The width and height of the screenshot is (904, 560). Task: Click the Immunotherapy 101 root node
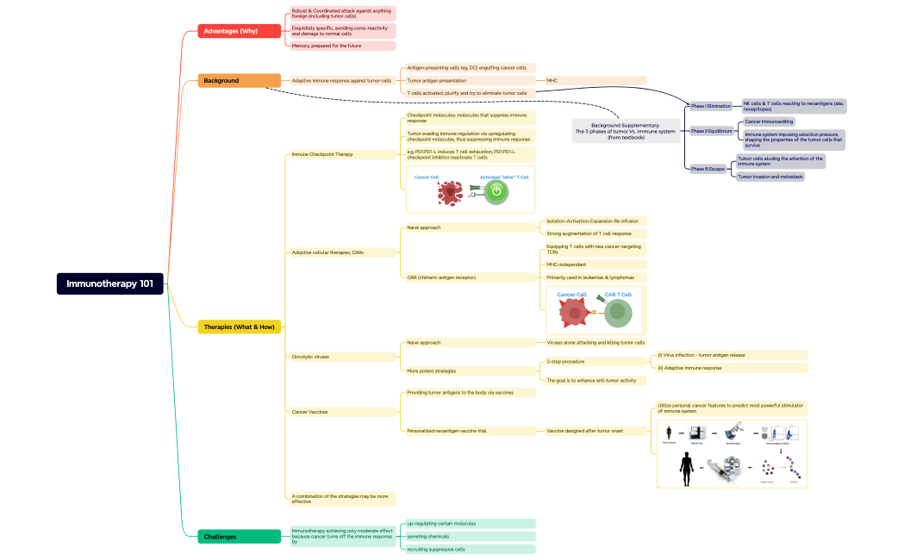[110, 284]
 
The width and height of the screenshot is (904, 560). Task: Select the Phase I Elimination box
[710, 106]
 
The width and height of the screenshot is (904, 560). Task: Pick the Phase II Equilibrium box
[711, 131]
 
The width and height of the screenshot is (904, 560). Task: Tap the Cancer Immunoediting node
[770, 121]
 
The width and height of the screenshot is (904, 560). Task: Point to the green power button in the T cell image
[496, 193]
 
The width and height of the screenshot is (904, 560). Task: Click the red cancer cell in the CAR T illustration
[573, 314]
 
